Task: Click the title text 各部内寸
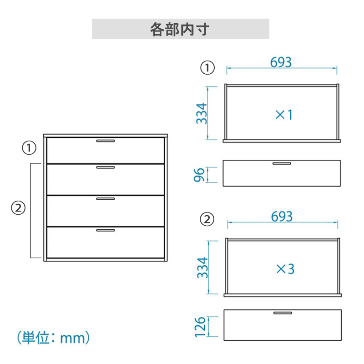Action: pyautogui.click(x=180, y=29)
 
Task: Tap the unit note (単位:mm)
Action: pyautogui.click(x=53, y=337)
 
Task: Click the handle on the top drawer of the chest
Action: pyautogui.click(x=106, y=141)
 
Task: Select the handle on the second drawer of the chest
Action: pyautogui.click(x=106, y=167)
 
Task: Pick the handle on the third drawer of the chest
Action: pyautogui.click(x=106, y=199)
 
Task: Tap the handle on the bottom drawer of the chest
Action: pyautogui.click(x=106, y=230)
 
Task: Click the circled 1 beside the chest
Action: pyautogui.click(x=29, y=147)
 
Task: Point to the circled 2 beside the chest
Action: pyautogui.click(x=18, y=208)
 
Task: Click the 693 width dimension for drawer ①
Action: pyautogui.click(x=281, y=62)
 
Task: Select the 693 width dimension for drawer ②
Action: pyautogui.click(x=282, y=217)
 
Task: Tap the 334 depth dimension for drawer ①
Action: pyautogui.click(x=202, y=113)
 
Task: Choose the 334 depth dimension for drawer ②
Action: pyautogui.click(x=202, y=268)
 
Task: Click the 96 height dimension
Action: pyautogui.click(x=199, y=175)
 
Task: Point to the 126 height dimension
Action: pyautogui.click(x=200, y=327)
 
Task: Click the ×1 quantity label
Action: pyautogui.click(x=284, y=115)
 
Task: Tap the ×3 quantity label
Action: pyautogui.click(x=285, y=269)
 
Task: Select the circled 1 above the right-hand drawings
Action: pyautogui.click(x=207, y=68)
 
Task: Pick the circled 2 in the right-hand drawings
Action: pyautogui.click(x=207, y=219)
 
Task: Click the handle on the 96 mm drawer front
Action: pyautogui.click(x=282, y=163)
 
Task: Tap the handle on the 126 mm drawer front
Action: pyautogui.click(x=283, y=313)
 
